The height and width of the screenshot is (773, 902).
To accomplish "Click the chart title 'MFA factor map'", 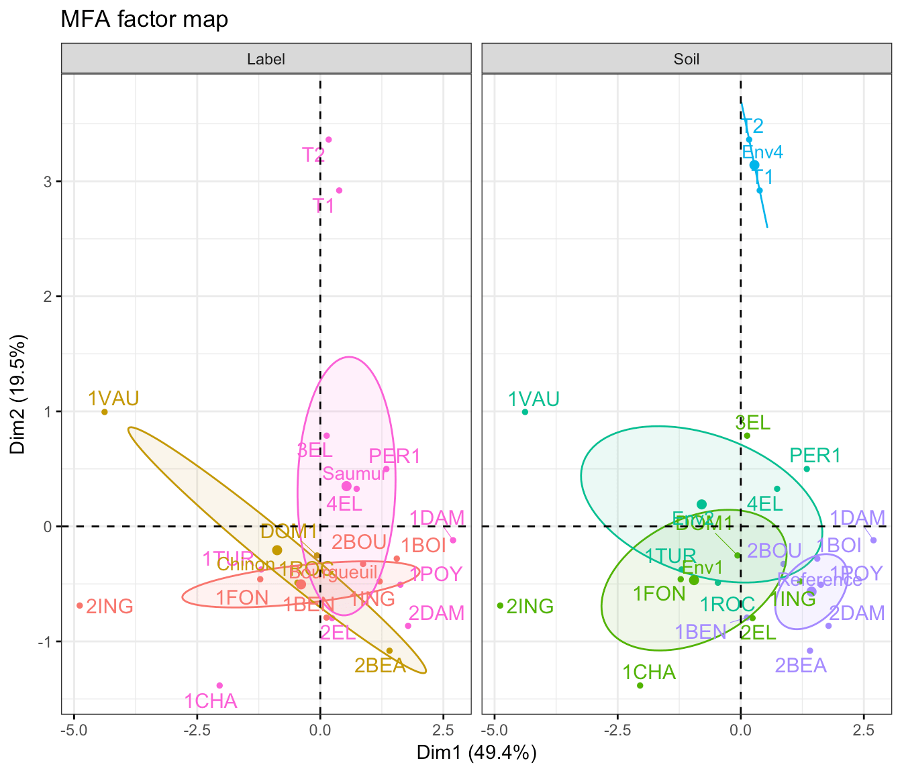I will (x=144, y=19).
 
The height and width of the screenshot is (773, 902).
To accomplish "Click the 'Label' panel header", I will (x=266, y=59).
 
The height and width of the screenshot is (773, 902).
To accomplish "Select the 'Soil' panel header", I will (x=687, y=59).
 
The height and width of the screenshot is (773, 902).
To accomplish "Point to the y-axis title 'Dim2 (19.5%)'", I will (x=18, y=394).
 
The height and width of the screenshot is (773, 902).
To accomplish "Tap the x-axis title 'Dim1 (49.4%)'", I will (x=477, y=753).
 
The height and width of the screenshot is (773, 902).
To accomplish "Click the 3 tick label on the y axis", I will (x=48, y=182).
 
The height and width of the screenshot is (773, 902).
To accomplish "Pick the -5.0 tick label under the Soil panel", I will (x=494, y=731).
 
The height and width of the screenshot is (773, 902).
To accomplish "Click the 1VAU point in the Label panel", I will (x=105, y=412).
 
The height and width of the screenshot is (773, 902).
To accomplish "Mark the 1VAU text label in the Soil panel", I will (x=534, y=400).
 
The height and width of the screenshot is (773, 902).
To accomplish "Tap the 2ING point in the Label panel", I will (x=80, y=606).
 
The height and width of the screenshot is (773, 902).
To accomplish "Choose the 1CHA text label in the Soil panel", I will (x=649, y=672).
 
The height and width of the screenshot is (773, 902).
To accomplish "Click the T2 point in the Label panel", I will (x=329, y=140).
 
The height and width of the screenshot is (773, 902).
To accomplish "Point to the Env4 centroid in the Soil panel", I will (x=754, y=165).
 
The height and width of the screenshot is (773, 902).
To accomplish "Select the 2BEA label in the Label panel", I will (x=381, y=666).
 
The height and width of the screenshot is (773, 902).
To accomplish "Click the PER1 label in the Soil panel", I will (x=815, y=456).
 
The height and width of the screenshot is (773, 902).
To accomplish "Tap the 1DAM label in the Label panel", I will (x=437, y=518).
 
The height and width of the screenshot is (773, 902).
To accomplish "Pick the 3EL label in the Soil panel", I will (x=752, y=423).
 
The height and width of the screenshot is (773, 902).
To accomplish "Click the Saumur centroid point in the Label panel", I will (x=346, y=486).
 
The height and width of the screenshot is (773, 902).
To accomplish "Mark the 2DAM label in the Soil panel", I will (x=857, y=613).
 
